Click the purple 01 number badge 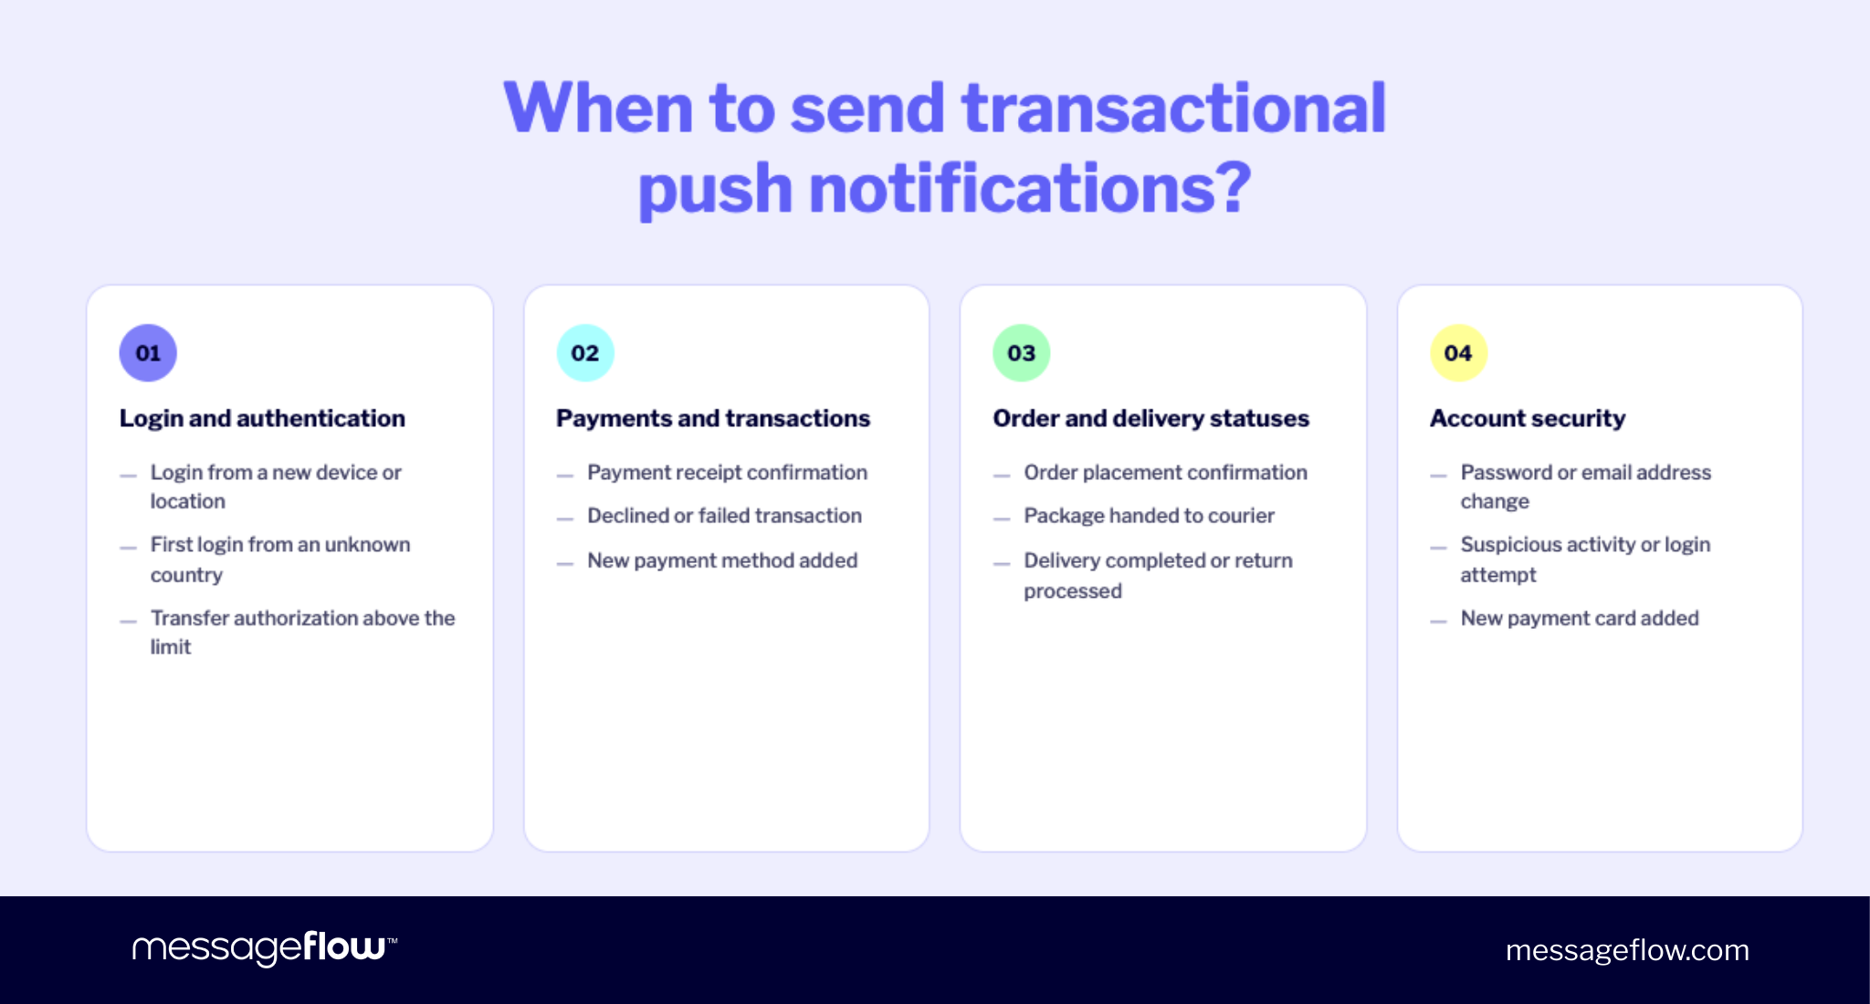[148, 353]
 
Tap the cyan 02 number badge [585, 353]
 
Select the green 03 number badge [1022, 353]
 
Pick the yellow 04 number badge [1458, 353]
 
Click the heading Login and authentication [262, 418]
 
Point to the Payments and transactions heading [712, 418]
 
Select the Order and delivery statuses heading [1150, 418]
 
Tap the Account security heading [1528, 418]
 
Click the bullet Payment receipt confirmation [727, 473]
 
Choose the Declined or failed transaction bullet [724, 516]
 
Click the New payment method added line [722, 560]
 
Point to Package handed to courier [1149, 516]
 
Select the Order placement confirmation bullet [1165, 473]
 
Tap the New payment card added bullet [1580, 618]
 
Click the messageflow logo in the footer [264, 948]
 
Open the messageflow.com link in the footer [1627, 950]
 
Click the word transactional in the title [1173, 108]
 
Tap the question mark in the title [1234, 188]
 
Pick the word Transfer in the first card [189, 618]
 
